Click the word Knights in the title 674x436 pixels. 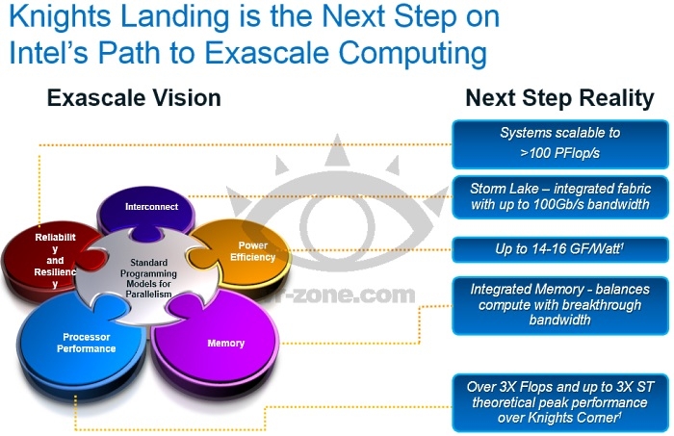60,17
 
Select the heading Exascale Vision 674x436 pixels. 134,98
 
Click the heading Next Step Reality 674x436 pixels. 559,98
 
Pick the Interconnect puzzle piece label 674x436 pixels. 151,207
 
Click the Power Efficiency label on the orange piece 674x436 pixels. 252,251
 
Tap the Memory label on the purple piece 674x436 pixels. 225,344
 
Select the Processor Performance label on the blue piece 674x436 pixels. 86,343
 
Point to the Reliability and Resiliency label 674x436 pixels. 55,260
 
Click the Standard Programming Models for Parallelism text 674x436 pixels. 148,278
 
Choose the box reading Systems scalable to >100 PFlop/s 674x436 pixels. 560,144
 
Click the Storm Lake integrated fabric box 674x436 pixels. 560,197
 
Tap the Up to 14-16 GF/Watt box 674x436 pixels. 560,249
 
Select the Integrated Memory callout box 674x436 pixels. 560,306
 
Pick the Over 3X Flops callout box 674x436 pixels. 560,403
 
